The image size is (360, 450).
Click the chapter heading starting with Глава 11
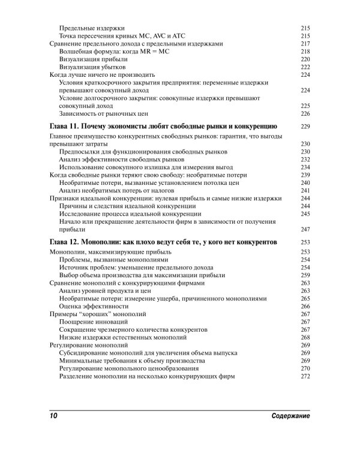pyautogui.click(x=162, y=127)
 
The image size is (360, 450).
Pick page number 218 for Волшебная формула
pyautogui.click(x=304, y=52)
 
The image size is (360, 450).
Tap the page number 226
pyautogui.click(x=304, y=113)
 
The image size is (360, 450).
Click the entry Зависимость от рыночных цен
pyautogui.click(x=103, y=113)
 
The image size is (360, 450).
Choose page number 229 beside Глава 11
pyautogui.click(x=304, y=127)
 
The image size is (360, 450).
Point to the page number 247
pyautogui.click(x=304, y=229)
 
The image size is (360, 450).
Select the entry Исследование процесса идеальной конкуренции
pyautogui.click(x=130, y=214)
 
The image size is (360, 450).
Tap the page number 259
pyautogui.click(x=304, y=275)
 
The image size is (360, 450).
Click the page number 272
pyautogui.click(x=304, y=376)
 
